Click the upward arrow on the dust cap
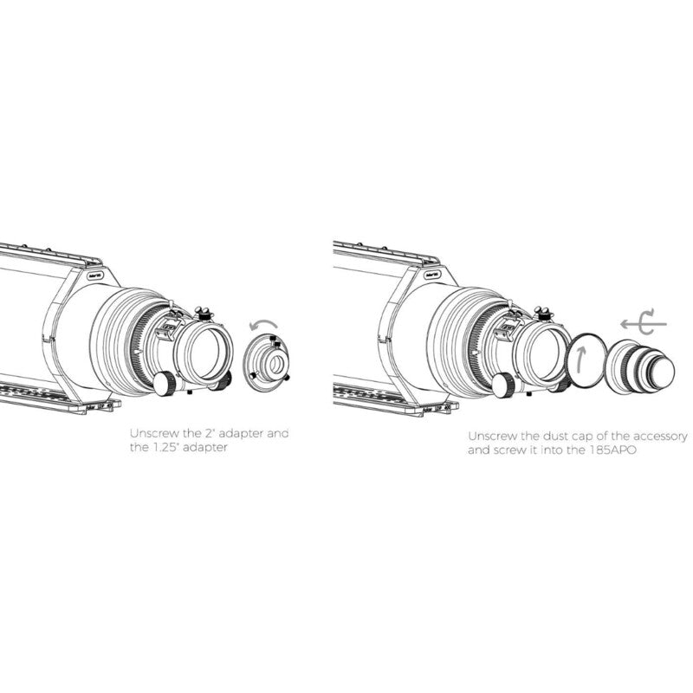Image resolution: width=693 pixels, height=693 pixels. click(x=581, y=358)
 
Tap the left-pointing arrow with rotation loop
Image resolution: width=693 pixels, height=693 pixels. click(x=643, y=324)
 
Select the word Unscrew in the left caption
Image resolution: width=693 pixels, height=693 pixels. click(x=154, y=433)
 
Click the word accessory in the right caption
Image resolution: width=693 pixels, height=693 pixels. click(x=660, y=437)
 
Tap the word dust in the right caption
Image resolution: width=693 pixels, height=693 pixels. click(x=556, y=437)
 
